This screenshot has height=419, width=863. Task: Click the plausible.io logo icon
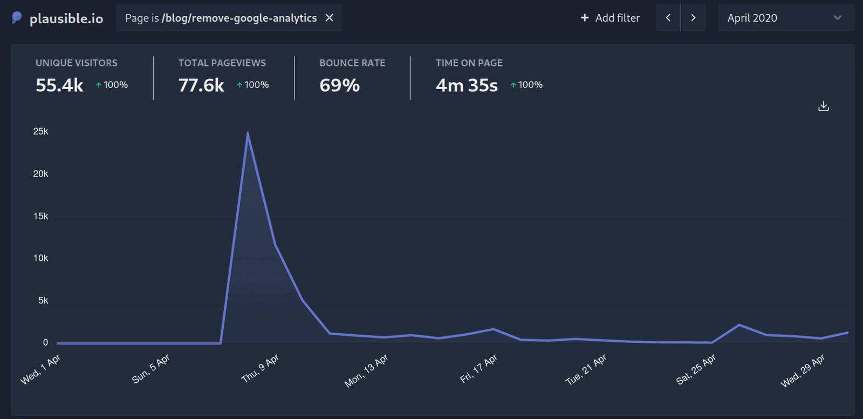[x=17, y=18]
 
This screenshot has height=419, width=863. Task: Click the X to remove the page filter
[x=329, y=18]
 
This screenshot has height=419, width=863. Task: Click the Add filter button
[x=610, y=18]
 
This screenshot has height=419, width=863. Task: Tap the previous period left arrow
[x=668, y=18]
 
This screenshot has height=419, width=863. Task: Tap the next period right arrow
[x=693, y=18]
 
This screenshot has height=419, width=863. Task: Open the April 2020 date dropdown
[x=785, y=18]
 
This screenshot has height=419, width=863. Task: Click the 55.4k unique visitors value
[x=59, y=85]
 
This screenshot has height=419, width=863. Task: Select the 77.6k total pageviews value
[x=201, y=85]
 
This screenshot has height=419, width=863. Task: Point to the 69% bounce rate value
[x=339, y=85]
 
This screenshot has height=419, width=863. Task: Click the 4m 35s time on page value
[x=467, y=85]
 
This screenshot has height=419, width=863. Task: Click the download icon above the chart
[x=823, y=106]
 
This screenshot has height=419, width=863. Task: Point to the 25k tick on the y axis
[x=41, y=131]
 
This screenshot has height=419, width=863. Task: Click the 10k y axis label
[x=41, y=258]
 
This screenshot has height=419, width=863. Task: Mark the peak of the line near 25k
[x=248, y=132]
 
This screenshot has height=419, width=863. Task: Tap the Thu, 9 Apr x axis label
[x=260, y=368]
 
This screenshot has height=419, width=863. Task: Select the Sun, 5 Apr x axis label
[x=150, y=368]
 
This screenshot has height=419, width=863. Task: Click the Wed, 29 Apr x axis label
[x=803, y=370]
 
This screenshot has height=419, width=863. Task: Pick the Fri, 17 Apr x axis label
[x=478, y=369]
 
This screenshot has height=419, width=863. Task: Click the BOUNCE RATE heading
[x=352, y=63]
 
